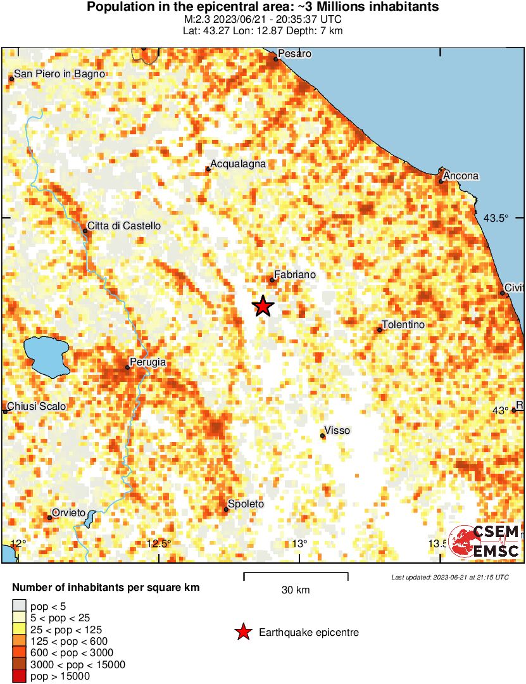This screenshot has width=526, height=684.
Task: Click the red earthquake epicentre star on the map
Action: [263, 306]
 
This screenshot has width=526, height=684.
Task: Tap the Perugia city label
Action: [147, 362]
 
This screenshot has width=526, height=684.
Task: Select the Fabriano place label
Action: [294, 275]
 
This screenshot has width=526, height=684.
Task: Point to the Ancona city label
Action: [461, 175]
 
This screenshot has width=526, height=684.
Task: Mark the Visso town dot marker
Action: [323, 436]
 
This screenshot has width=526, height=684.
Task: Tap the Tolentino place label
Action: [403, 325]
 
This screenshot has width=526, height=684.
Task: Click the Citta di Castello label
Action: [124, 225]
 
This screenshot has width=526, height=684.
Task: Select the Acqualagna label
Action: [238, 164]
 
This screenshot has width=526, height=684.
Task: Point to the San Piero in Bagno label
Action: [59, 74]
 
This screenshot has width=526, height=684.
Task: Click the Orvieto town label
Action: [68, 512]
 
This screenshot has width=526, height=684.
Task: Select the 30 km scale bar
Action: [296, 576]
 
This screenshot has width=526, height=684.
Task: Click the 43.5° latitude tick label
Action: [496, 218]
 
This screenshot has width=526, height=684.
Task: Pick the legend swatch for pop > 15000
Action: [20, 676]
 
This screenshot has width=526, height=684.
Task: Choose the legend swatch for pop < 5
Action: [20, 607]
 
